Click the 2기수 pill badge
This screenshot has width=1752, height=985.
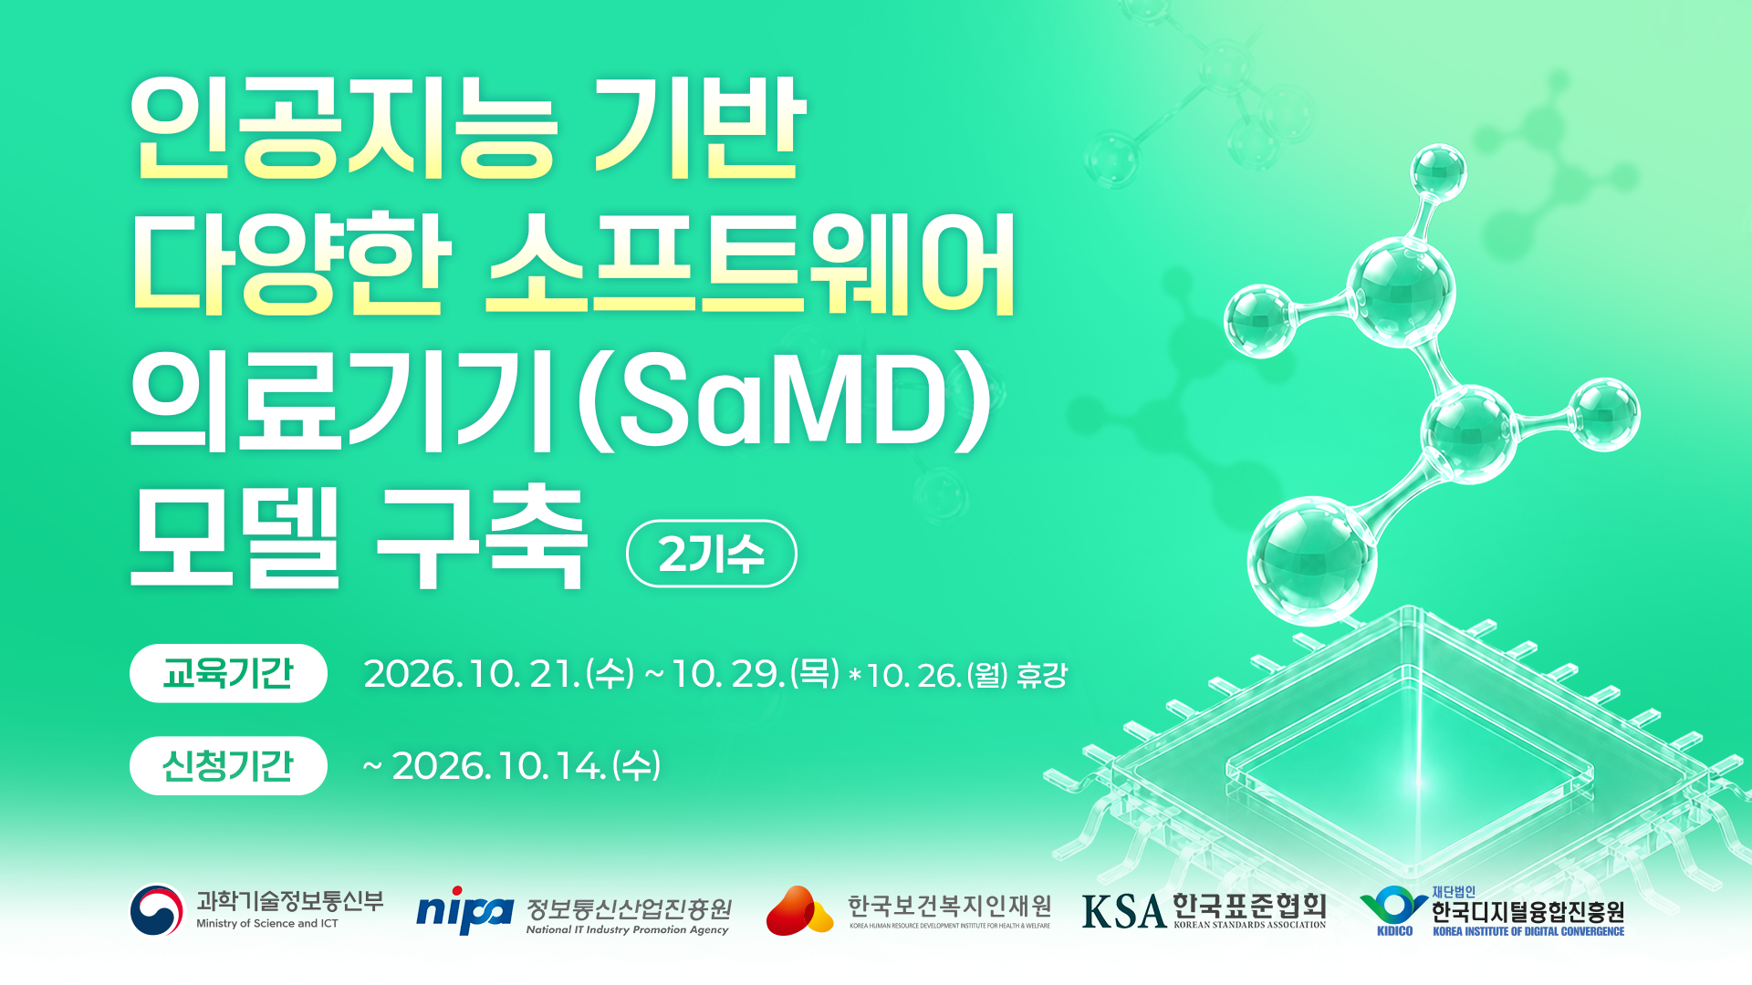(x=712, y=553)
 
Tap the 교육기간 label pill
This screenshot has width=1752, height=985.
(x=228, y=673)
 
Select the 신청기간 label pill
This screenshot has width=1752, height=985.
(x=228, y=765)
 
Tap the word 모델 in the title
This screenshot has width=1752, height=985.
(x=235, y=538)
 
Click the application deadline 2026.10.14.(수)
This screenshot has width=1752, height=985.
(x=527, y=765)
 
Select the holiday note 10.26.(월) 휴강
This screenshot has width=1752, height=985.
(x=966, y=675)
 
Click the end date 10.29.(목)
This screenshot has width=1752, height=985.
(x=756, y=673)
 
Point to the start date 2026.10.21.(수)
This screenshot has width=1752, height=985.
(x=499, y=673)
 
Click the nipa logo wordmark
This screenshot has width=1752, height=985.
(x=464, y=910)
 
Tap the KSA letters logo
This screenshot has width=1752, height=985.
(x=1124, y=910)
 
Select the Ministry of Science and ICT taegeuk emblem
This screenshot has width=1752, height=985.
(x=157, y=910)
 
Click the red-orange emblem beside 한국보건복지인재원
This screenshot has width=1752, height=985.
(x=799, y=910)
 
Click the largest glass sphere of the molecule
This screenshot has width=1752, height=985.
(x=1312, y=559)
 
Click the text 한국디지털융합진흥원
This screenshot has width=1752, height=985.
(x=1528, y=911)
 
